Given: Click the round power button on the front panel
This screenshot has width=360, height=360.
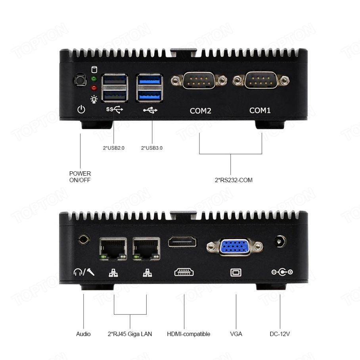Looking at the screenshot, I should click(80, 81).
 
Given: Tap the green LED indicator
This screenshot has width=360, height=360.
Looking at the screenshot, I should click(94, 79).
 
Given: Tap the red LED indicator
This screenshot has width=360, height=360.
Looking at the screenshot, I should click(94, 88).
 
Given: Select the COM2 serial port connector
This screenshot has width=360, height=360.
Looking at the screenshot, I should click(199, 81).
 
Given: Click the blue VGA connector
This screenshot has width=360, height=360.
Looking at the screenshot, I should click(235, 247).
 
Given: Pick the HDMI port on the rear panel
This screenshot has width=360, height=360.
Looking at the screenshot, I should click(182, 241).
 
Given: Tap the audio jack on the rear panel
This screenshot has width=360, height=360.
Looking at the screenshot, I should click(84, 239).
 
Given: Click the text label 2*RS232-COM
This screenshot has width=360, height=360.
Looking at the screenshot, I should click(234, 180).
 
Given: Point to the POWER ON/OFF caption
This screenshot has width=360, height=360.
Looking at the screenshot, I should click(80, 177).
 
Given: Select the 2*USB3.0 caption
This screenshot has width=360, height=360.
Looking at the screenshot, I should click(152, 148).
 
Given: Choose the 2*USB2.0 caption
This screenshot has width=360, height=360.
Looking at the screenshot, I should click(114, 148).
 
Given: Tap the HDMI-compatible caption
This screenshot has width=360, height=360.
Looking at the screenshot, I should click(188, 334).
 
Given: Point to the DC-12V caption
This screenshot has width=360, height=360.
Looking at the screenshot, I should click(280, 334).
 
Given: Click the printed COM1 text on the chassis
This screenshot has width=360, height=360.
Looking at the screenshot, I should click(260, 110).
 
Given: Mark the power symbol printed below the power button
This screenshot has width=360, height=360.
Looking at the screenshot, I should click(81, 109).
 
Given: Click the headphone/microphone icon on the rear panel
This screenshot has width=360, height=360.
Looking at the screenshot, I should click(84, 272).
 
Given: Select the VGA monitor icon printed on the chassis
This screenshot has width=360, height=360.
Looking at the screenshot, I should click(236, 272).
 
